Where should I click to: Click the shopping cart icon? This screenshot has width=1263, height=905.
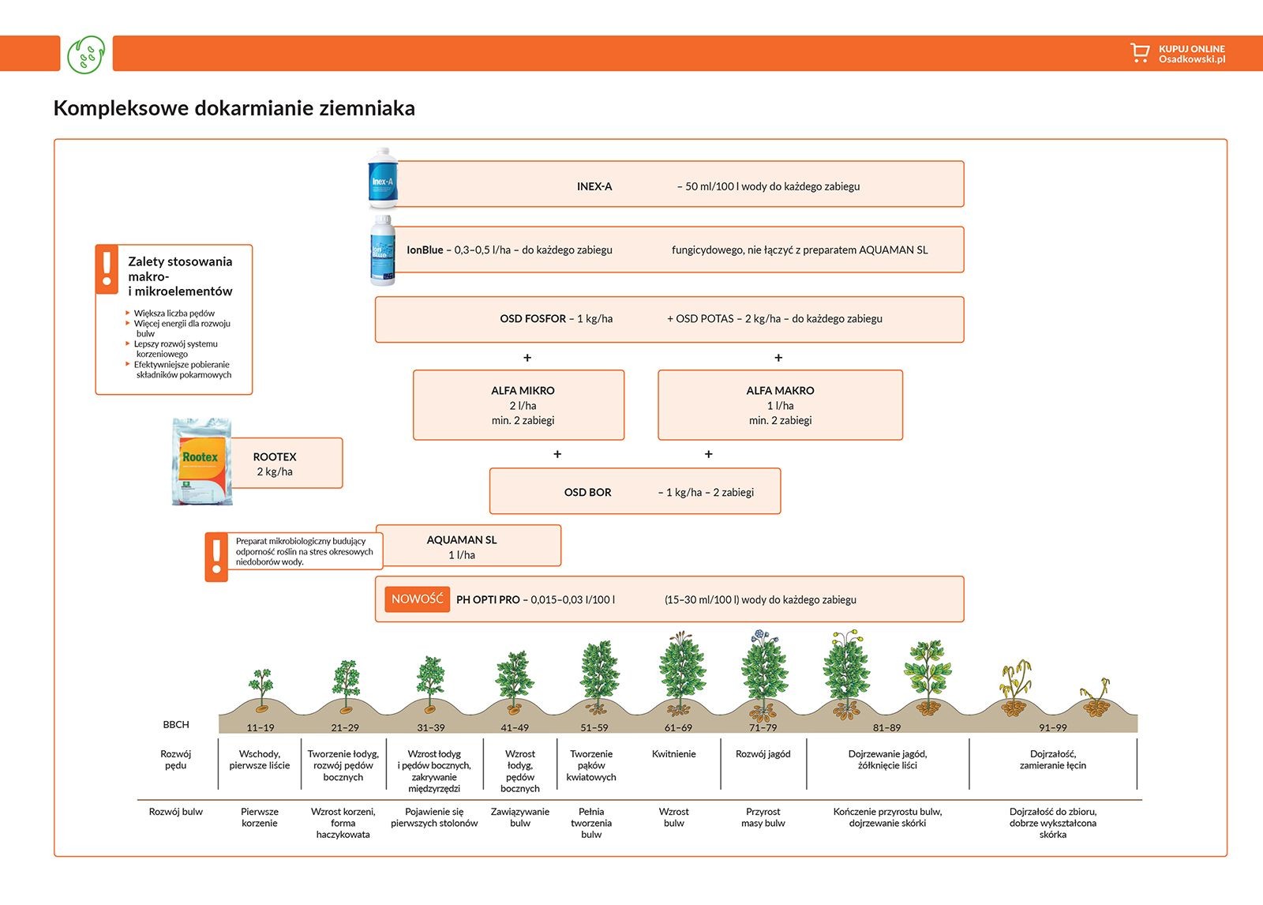[x=1139, y=53]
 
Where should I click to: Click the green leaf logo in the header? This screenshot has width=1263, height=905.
[x=86, y=54]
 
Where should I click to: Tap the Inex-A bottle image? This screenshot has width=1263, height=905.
[x=383, y=178]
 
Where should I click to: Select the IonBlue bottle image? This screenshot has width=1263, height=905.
[x=382, y=250]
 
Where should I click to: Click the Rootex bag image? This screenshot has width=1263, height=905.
[x=202, y=461]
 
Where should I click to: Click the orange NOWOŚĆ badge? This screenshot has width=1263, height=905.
[x=417, y=599]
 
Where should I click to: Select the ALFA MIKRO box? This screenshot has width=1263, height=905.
[x=519, y=405]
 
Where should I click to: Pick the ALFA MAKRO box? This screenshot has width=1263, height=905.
[x=780, y=405]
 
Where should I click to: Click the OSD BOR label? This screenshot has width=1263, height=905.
[x=587, y=492]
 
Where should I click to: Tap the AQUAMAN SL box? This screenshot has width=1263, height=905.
[x=467, y=546]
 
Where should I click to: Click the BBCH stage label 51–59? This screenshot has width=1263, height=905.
[x=594, y=728]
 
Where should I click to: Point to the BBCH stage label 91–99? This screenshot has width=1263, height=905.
[x=1052, y=728]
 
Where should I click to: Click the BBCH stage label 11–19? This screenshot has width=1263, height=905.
[x=260, y=728]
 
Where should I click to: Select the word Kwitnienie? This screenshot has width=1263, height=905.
[x=673, y=754]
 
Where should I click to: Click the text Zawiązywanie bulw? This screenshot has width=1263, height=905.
[x=519, y=817]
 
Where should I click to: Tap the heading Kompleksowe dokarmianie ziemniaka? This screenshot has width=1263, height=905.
[x=234, y=108]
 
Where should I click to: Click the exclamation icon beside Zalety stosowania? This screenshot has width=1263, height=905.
[x=107, y=269]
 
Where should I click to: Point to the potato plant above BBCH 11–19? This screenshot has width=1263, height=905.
[x=260, y=685]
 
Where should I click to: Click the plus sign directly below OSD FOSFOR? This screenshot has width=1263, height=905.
[x=527, y=358]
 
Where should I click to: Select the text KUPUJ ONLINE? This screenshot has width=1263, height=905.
[x=1191, y=49]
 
